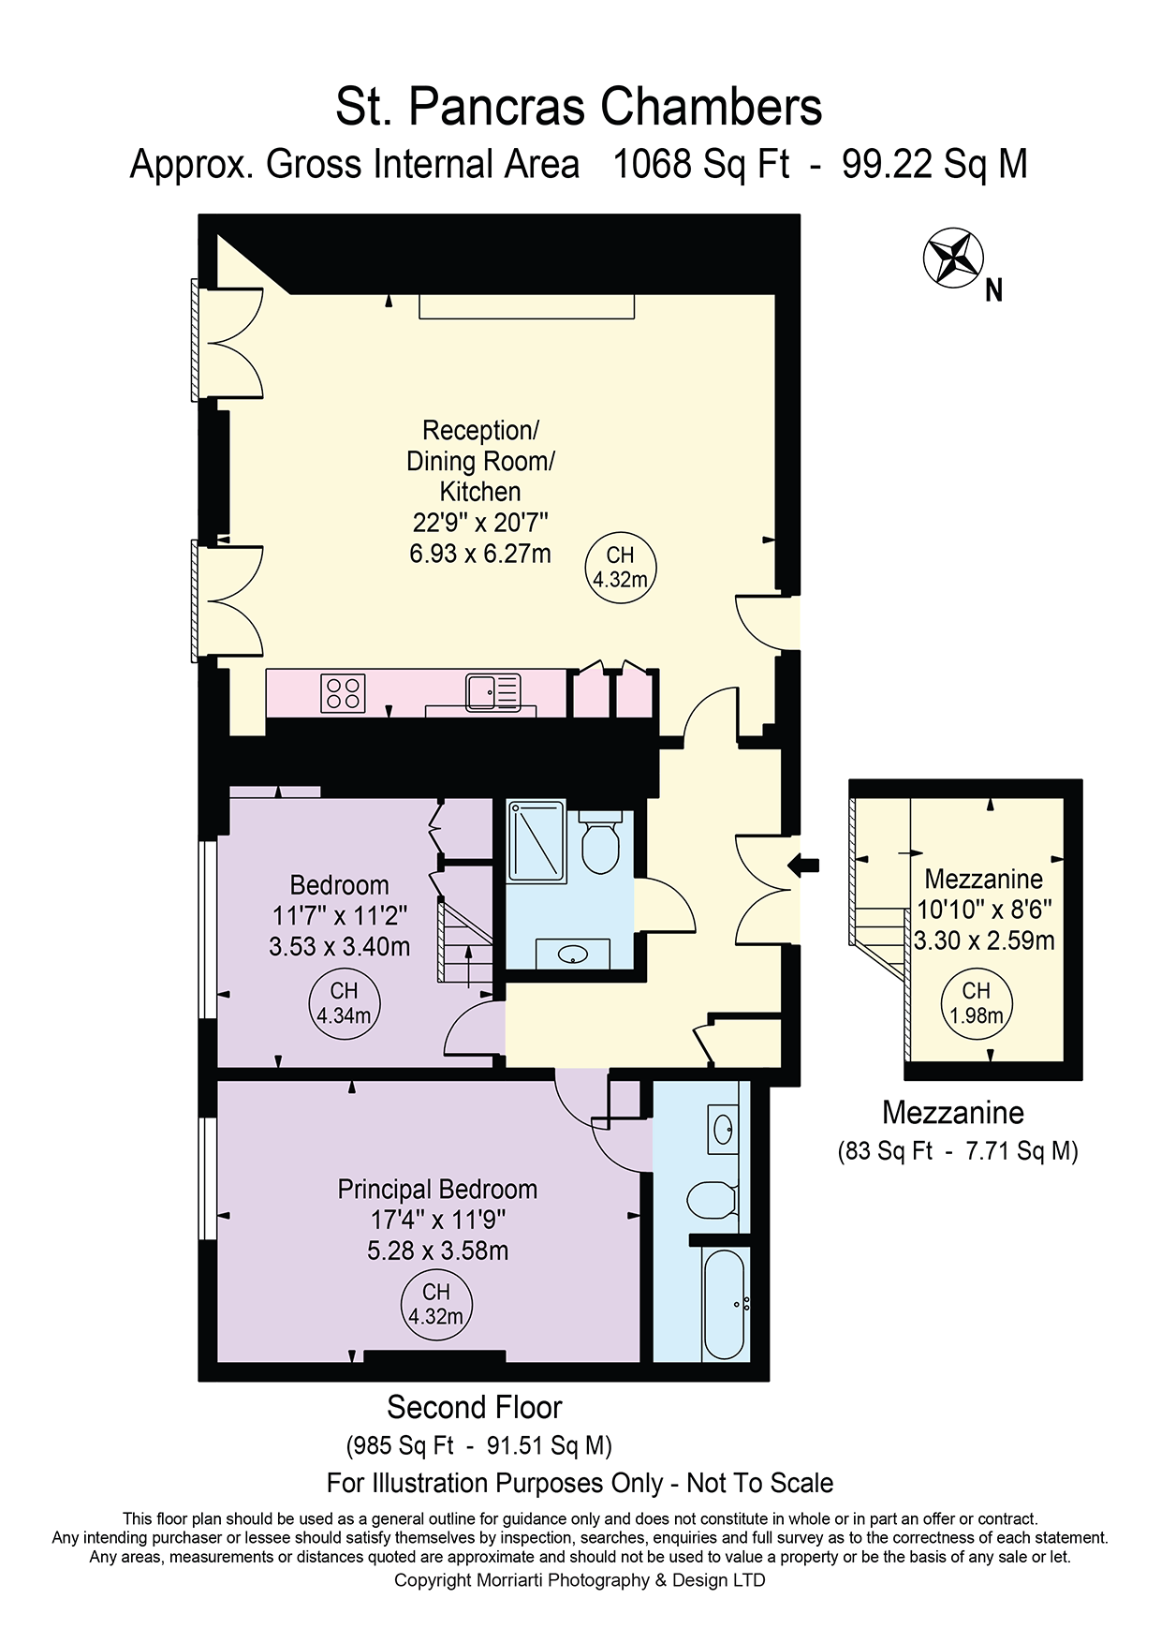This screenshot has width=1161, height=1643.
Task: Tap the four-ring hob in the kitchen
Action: (343, 693)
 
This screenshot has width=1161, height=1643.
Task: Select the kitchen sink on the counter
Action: (493, 692)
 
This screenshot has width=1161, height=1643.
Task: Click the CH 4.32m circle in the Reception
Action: (621, 568)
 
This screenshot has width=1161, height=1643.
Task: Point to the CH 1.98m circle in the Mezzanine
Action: (977, 1003)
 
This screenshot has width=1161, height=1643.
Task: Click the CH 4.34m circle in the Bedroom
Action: (344, 1003)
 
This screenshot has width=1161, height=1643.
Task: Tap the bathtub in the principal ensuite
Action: (724, 1303)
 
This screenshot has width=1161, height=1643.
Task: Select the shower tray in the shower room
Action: (536, 841)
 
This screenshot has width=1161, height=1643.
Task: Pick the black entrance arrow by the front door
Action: (803, 865)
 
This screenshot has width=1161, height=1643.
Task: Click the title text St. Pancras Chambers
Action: (579, 107)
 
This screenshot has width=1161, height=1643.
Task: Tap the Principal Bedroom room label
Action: (437, 1189)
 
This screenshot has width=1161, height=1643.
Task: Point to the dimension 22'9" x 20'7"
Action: (480, 522)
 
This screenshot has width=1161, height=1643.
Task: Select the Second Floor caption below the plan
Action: (475, 1407)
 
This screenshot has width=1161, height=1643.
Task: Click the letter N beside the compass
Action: (994, 291)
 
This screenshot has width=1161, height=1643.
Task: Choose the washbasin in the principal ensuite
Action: (724, 1130)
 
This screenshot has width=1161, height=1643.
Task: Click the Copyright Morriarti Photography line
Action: (580, 1580)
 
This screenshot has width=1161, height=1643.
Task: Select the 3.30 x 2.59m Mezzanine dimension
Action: (984, 940)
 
